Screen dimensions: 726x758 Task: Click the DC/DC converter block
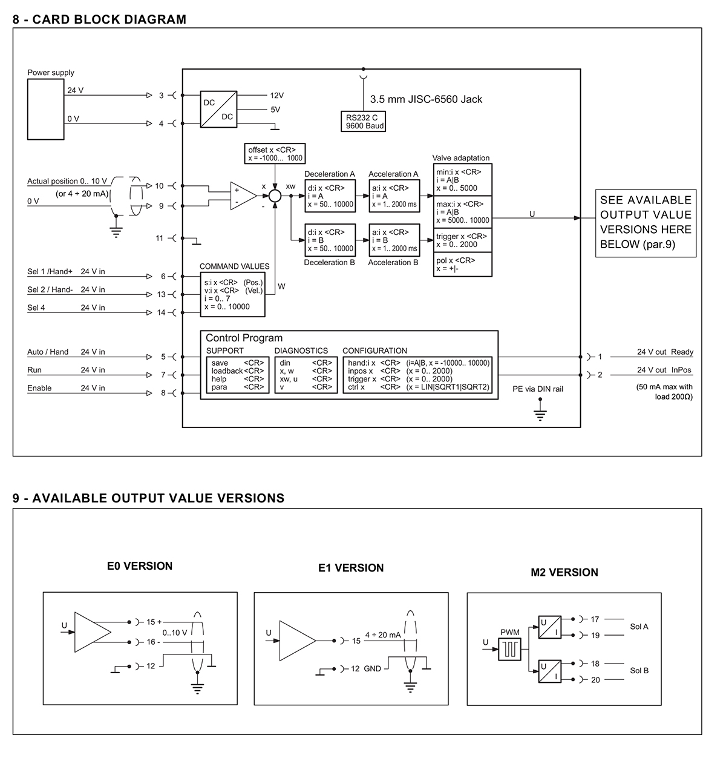218,110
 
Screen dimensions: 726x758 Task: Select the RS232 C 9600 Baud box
363,122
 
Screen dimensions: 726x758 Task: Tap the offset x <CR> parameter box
275,153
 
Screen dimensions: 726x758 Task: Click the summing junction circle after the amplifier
275,196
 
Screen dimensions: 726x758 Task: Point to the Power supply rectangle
45,110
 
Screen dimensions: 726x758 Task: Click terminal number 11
160,238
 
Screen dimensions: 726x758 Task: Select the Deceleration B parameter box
330,240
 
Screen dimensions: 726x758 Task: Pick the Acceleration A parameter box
394,196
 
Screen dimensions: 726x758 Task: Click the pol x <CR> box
462,265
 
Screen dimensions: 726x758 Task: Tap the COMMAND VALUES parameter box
233,294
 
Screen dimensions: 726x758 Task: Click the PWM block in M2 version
509,649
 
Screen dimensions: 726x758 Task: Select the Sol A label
639,627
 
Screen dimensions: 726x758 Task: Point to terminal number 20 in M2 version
595,680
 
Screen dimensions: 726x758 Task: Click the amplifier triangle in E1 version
298,641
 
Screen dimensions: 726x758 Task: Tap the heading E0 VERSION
140,566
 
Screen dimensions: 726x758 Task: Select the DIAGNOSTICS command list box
306,375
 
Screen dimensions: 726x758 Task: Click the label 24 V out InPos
664,370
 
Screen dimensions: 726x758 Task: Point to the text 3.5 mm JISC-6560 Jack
426,99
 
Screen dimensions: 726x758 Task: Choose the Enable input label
39,388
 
